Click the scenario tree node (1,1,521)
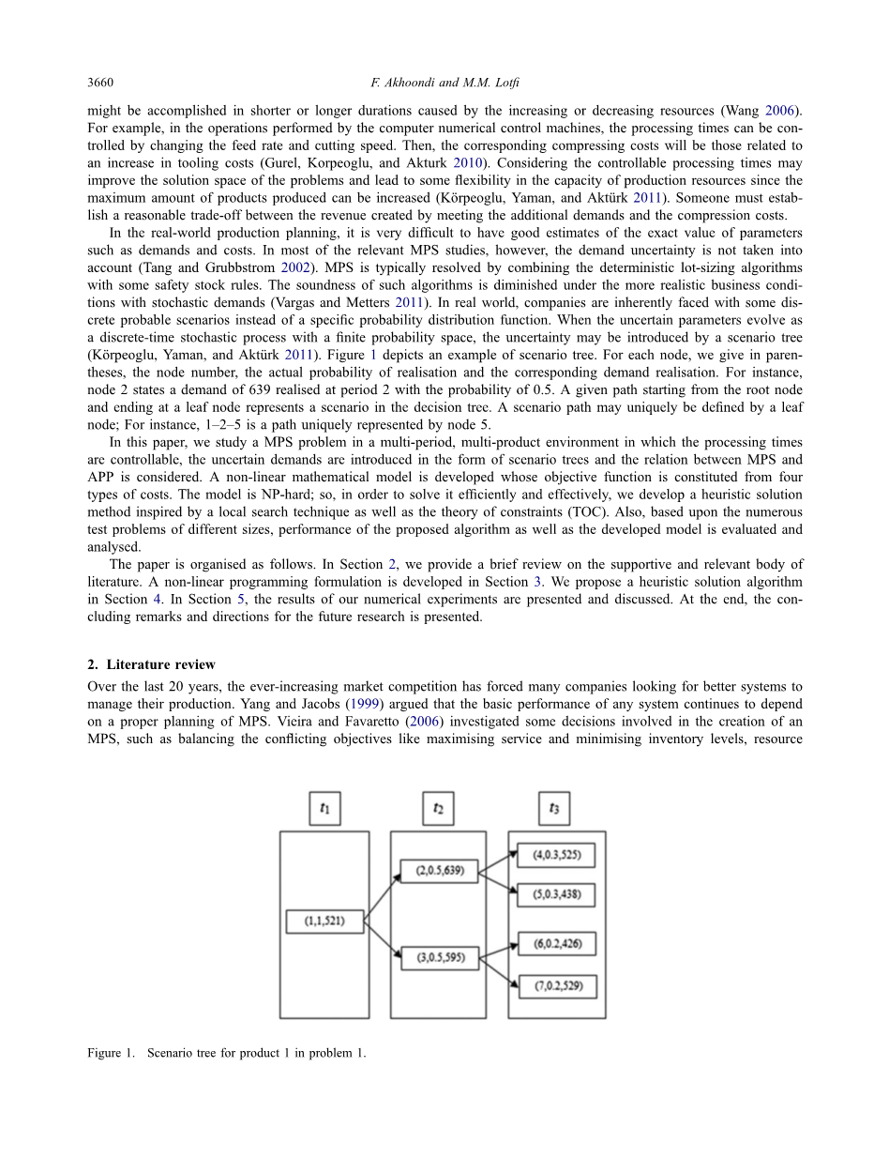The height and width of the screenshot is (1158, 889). coord(324,922)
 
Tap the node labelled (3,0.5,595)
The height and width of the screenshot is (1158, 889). coord(440,959)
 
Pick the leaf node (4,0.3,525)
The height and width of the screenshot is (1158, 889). coord(557,855)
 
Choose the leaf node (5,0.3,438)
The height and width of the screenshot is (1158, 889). coord(557,894)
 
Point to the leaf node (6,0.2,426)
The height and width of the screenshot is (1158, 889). coord(557,944)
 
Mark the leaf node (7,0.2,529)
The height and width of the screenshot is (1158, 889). coord(557,986)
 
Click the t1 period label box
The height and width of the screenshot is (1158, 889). coord(324,808)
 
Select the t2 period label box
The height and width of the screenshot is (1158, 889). coord(438,808)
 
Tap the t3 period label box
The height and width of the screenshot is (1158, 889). coord(554,808)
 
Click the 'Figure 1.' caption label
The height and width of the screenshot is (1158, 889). coord(111,1053)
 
